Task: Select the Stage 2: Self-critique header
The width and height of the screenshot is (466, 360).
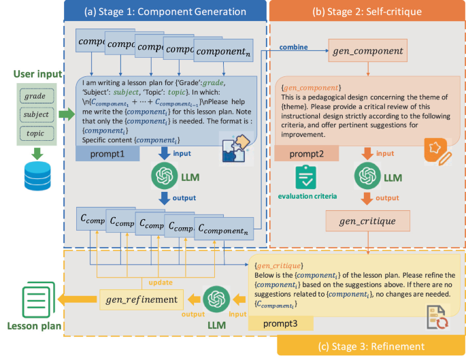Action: coord(367,12)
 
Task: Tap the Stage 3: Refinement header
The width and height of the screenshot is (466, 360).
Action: coord(369,346)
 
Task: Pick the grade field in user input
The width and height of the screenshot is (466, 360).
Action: coord(34,96)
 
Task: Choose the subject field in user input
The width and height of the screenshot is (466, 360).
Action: coord(34,114)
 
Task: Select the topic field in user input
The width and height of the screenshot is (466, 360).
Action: coord(34,133)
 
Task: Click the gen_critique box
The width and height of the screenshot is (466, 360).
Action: coord(367,220)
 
